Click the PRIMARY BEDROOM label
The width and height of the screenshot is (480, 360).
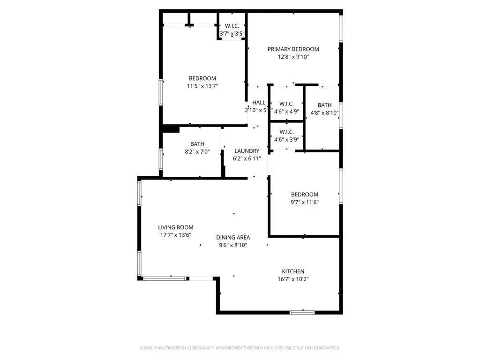click(x=293, y=49)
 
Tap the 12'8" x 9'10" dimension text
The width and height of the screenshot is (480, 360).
click(x=293, y=57)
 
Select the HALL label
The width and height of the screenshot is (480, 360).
click(x=259, y=103)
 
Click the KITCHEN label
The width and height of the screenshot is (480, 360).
click(x=293, y=271)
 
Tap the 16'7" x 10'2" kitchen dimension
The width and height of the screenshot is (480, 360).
click(x=293, y=279)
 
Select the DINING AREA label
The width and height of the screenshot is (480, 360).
click(x=233, y=237)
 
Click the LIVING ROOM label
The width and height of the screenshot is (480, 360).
click(x=175, y=227)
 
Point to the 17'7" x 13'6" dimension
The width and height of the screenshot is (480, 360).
click(x=175, y=235)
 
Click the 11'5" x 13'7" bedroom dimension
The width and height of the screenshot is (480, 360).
click(x=202, y=86)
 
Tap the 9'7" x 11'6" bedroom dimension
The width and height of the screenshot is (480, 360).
click(x=305, y=202)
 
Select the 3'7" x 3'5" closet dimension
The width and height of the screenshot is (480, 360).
click(x=232, y=34)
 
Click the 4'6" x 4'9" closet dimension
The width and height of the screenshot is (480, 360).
click(x=286, y=112)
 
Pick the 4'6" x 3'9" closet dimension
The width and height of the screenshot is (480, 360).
click(x=286, y=139)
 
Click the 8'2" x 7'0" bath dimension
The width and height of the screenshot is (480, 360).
click(x=197, y=152)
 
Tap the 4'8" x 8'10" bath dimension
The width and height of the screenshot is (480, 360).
click(x=324, y=113)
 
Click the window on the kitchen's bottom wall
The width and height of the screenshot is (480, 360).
click(x=302, y=312)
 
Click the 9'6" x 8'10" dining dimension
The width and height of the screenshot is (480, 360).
click(x=233, y=245)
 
